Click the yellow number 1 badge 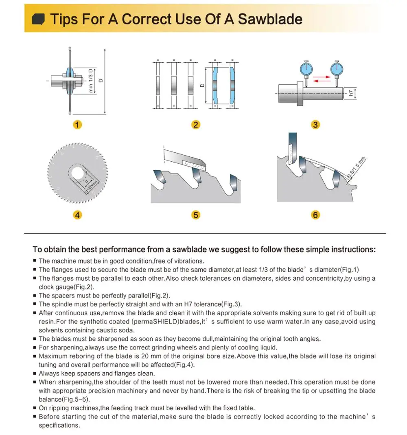click(77, 125)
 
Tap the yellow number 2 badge click(196, 125)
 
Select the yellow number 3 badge click(315, 125)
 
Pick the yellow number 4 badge click(77, 215)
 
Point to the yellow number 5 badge click(196, 215)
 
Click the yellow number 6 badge click(315, 215)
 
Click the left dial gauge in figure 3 click(306, 69)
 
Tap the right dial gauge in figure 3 click(337, 69)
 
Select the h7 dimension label click(351, 93)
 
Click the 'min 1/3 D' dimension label click(91, 81)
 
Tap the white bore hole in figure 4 click(77, 174)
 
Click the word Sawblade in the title click(270, 19)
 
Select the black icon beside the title click(38, 20)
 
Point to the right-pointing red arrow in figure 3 click(322, 77)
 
